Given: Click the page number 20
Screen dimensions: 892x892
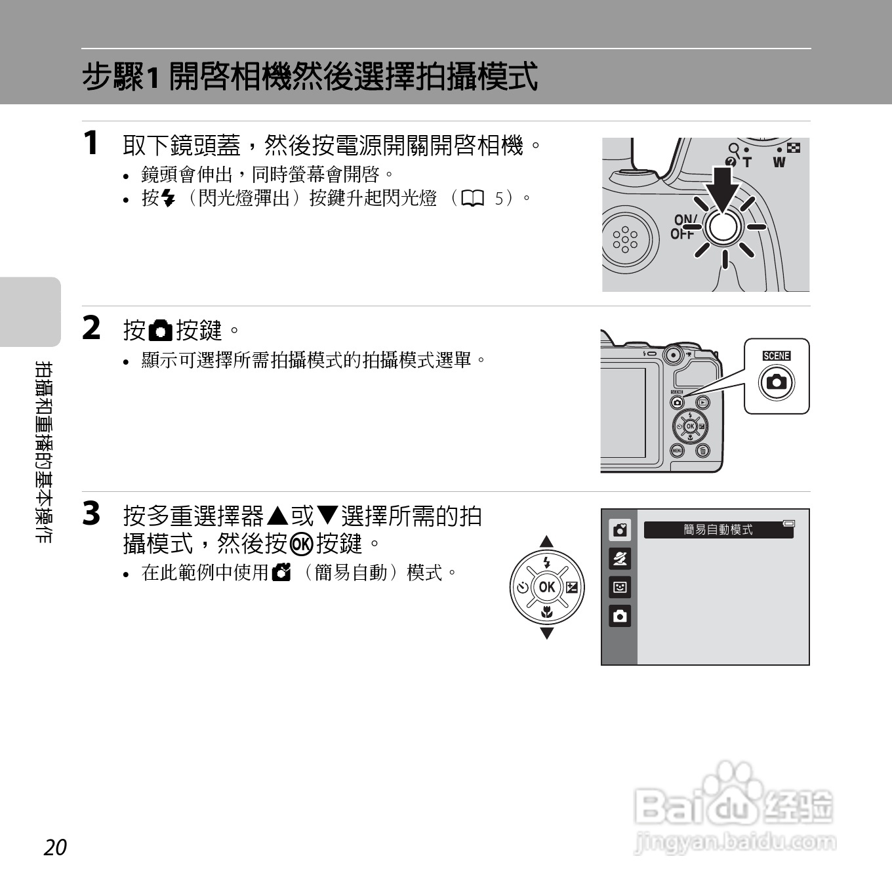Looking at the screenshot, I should coord(55,847).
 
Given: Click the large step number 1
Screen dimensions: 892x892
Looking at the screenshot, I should coord(91,143).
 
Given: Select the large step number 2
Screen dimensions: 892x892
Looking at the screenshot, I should coord(92,328).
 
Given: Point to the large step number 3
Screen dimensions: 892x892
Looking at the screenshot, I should coord(92,514).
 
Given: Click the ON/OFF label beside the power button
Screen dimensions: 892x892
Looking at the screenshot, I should coord(683,227).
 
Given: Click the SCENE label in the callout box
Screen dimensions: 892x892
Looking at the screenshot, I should coord(777,356).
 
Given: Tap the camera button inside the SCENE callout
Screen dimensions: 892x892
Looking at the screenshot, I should coord(777,382).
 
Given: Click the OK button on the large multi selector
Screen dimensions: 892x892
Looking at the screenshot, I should coord(547,587).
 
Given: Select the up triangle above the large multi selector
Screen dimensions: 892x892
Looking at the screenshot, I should coord(546,542).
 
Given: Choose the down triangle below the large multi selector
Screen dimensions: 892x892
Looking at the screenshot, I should coord(546,633).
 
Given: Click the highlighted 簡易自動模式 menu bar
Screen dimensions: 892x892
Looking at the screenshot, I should coord(718,530).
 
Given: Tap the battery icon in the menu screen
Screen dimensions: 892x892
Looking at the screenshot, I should coord(788,523).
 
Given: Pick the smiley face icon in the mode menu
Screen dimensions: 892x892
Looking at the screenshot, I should coord(620,587).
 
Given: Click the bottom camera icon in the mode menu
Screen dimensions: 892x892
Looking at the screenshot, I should coord(620,617).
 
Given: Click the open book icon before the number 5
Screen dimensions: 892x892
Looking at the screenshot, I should coord(472,198).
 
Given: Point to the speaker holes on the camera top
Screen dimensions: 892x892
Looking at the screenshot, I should coord(625,240).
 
